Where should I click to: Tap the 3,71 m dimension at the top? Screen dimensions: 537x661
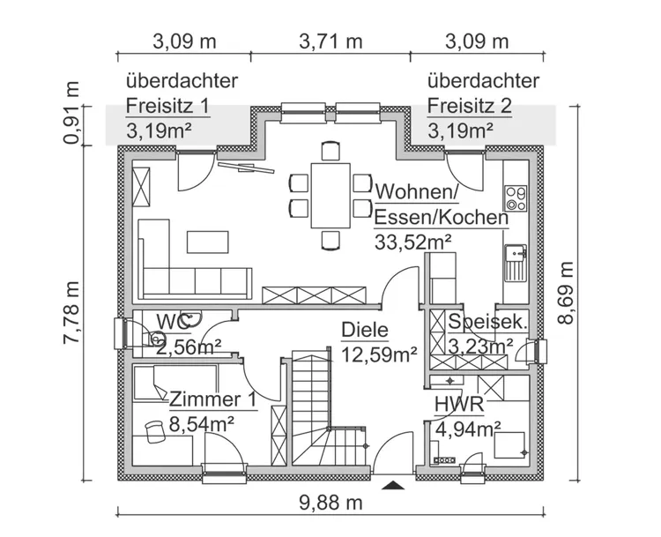click(x=330, y=41)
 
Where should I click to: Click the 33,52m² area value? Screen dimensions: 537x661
click(x=413, y=242)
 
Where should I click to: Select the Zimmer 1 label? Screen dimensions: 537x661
click(x=213, y=399)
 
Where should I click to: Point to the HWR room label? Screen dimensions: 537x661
click(x=458, y=405)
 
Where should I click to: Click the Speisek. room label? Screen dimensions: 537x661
click(x=486, y=322)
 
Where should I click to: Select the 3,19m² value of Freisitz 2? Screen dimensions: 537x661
click(x=460, y=132)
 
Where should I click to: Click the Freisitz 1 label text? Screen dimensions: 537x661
click(x=167, y=107)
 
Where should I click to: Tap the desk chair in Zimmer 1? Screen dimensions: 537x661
click(x=156, y=429)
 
